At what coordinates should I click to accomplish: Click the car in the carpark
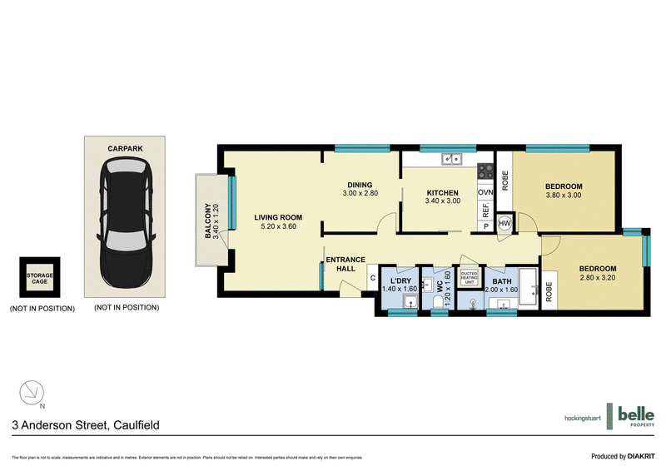pyautogui.click(x=125, y=222)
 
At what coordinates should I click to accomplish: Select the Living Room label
pyautogui.click(x=277, y=218)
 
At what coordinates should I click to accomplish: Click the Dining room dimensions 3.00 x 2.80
pyautogui.click(x=360, y=193)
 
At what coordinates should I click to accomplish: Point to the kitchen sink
pyautogui.click(x=452, y=157)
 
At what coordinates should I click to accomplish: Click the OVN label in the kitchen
pyautogui.click(x=486, y=192)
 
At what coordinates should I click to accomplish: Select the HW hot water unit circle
pyautogui.click(x=504, y=223)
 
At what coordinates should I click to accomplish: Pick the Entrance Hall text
pyautogui.click(x=345, y=264)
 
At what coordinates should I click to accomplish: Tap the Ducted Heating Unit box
pyautogui.click(x=469, y=277)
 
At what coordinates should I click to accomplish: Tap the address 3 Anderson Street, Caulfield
pyautogui.click(x=86, y=424)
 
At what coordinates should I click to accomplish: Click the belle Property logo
pyautogui.click(x=632, y=416)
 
